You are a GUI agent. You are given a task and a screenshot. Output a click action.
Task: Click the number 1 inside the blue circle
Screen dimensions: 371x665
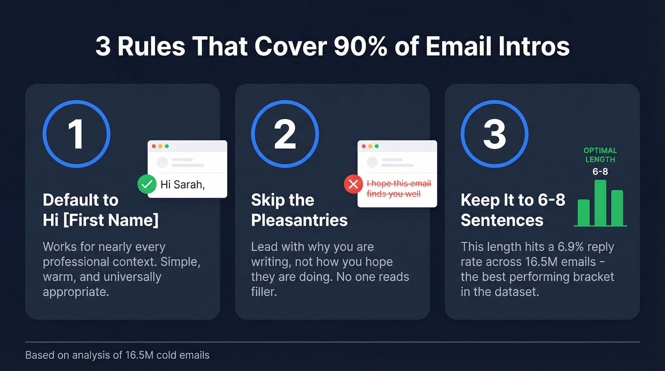[x=76, y=134]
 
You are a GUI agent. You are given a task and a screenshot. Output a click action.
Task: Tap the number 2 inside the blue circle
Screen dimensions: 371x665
[x=285, y=134]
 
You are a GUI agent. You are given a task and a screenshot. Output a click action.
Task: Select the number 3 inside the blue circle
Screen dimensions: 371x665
[x=494, y=134]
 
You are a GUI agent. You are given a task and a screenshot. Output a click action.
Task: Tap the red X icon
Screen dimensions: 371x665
[x=353, y=184]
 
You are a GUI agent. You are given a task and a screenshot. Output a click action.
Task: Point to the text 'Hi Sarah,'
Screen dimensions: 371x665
[x=182, y=184]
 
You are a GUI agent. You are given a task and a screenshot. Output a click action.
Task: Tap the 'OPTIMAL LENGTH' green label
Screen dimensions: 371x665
[x=600, y=155]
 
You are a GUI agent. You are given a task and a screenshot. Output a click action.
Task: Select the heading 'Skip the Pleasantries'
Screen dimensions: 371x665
[x=299, y=210]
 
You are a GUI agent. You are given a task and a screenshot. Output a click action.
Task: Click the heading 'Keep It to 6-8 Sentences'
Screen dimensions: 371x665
[x=513, y=210]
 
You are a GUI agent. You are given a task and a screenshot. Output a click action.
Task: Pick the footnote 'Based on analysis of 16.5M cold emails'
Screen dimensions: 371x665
[x=117, y=355]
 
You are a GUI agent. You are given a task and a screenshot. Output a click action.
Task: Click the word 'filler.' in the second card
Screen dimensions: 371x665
[x=264, y=292]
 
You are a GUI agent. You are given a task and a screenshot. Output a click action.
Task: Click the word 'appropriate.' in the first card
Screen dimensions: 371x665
[x=76, y=292]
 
